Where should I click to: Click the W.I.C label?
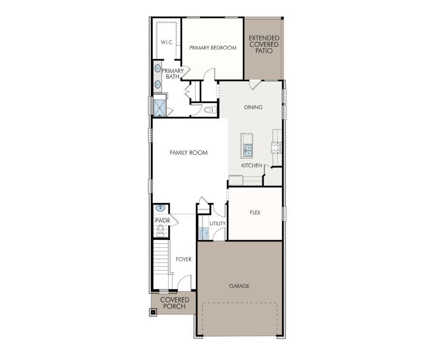(x=166, y=42)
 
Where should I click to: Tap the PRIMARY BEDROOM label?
(x=213, y=48)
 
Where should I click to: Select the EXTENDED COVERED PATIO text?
(x=264, y=44)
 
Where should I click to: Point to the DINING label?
(x=253, y=107)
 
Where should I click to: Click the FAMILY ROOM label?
(x=188, y=153)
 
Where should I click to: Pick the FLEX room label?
(x=255, y=212)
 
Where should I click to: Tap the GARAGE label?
(x=239, y=286)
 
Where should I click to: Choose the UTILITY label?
(x=217, y=223)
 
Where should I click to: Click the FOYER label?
(x=184, y=260)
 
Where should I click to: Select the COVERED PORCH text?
(x=174, y=303)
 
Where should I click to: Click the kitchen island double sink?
(x=248, y=150)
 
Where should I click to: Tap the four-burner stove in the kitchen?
(x=276, y=148)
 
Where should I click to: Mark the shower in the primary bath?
(x=159, y=106)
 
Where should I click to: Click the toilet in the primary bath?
(x=208, y=110)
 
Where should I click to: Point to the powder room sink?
(x=160, y=208)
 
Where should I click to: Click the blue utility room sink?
(x=204, y=233)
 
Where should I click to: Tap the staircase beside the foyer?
(x=162, y=264)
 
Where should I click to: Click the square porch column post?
(x=153, y=312)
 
